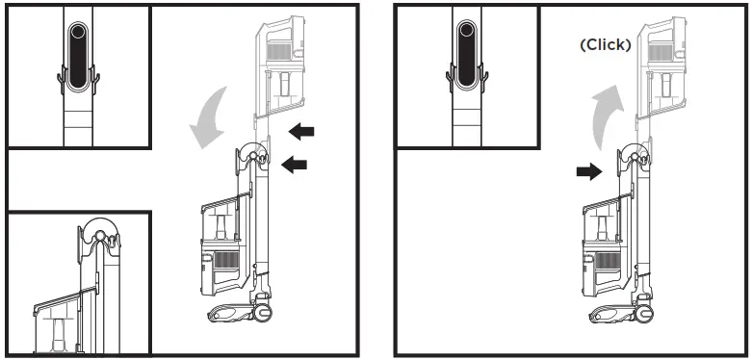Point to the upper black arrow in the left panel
301,129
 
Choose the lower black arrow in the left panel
295,166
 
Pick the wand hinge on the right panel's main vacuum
636,155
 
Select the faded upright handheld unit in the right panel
662,67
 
